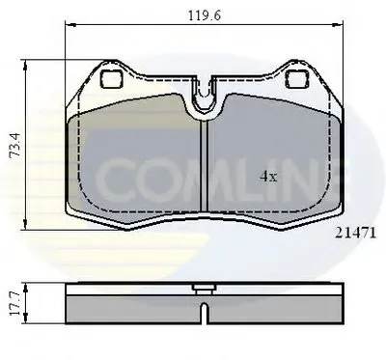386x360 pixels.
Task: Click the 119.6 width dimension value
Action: [205, 15]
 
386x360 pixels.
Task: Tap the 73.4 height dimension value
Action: [15, 145]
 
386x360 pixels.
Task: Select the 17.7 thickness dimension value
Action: [15, 303]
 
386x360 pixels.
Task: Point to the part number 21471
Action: [355, 233]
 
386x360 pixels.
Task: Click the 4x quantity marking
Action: [268, 177]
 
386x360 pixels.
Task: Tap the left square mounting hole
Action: [112, 79]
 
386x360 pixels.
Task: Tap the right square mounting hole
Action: [297, 79]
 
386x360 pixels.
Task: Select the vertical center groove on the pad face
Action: [205, 166]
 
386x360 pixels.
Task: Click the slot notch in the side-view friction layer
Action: [205, 313]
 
